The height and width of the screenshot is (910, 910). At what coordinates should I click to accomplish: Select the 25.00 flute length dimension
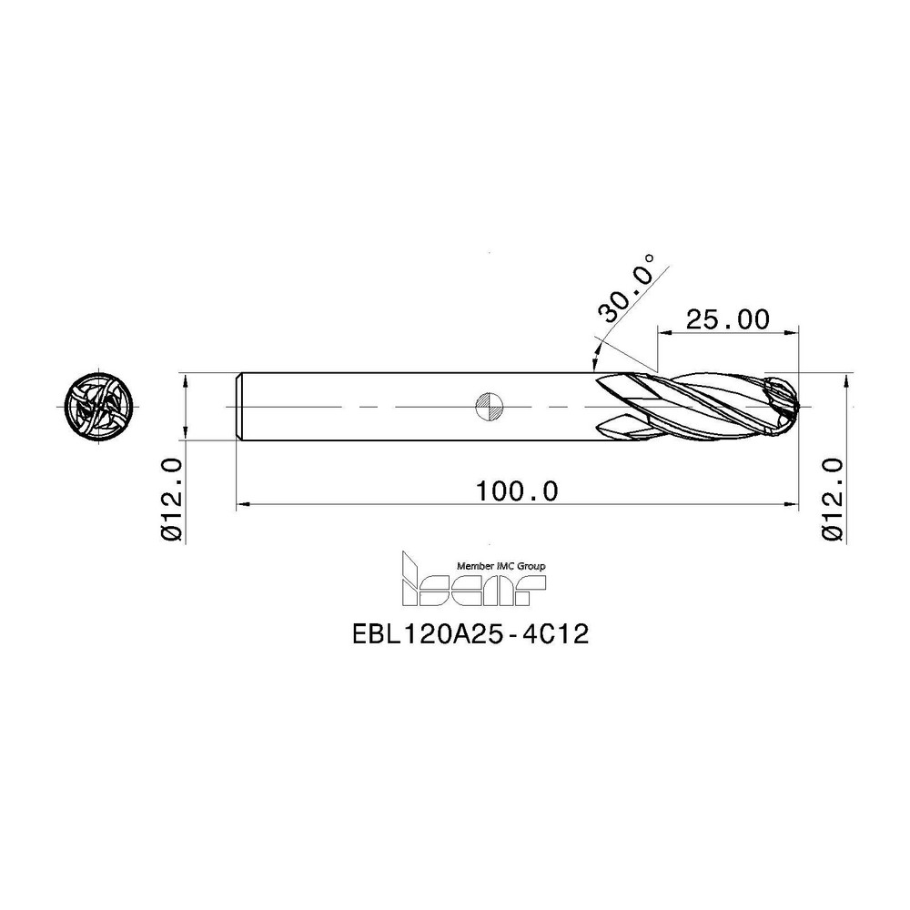coord(727,319)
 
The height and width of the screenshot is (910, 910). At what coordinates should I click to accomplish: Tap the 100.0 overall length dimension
coord(517,490)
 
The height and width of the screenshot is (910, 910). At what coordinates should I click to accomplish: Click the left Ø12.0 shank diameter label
coord(173,500)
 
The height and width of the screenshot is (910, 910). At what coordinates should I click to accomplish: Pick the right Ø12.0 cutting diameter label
coord(834,500)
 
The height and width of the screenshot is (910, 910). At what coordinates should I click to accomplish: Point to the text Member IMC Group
coord(503,565)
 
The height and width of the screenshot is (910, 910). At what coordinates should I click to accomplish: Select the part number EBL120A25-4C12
coord(470,635)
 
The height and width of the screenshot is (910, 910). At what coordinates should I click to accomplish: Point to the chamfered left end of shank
coord(239,406)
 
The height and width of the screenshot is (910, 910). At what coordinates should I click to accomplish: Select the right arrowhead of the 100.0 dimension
coord(792,502)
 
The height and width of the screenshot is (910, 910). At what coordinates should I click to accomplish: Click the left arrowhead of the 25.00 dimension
coord(662,332)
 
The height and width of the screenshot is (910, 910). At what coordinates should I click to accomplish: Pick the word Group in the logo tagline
coord(531,565)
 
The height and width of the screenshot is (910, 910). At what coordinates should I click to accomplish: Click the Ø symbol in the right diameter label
coord(834,532)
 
